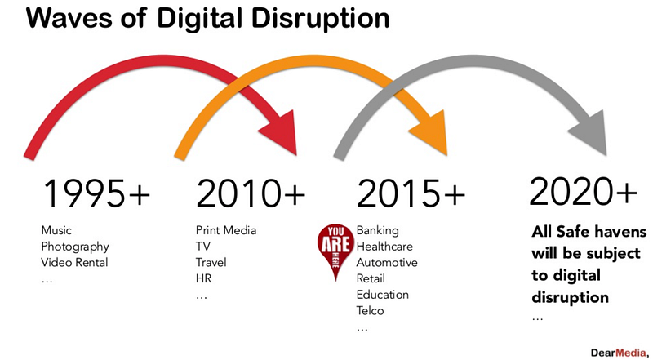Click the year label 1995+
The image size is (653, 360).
tap(96, 193)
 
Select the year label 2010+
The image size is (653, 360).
tap(251, 193)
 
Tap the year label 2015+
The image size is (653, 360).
tap(411, 193)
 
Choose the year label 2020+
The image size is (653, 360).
tap(583, 191)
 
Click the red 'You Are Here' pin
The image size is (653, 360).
tap(335, 250)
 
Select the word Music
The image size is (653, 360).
tap(56, 230)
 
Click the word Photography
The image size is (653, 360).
tap(75, 247)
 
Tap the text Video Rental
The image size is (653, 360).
tap(74, 263)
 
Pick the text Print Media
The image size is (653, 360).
tap(226, 230)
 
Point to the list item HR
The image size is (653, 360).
tap(203, 278)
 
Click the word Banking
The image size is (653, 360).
tap(378, 231)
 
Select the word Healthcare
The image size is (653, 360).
tap(384, 247)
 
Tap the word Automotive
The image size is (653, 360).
tap(387, 263)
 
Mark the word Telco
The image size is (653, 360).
tap(371, 310)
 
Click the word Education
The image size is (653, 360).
tap(383, 295)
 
